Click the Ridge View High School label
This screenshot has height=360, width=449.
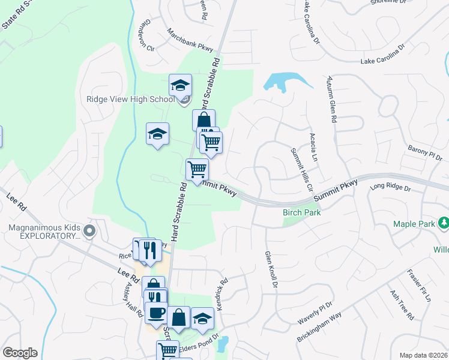130,99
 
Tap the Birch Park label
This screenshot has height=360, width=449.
301,212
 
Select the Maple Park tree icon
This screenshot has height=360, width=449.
444,224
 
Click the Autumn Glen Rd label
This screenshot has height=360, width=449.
330,100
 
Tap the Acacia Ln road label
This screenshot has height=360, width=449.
313,148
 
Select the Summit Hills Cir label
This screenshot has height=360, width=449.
298,167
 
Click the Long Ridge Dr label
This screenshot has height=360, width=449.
390,188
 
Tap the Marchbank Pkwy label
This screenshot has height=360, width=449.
190,40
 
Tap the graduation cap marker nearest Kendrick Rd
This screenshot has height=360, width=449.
203,317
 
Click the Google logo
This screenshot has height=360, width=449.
20,353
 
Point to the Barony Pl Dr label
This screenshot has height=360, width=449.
424,152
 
